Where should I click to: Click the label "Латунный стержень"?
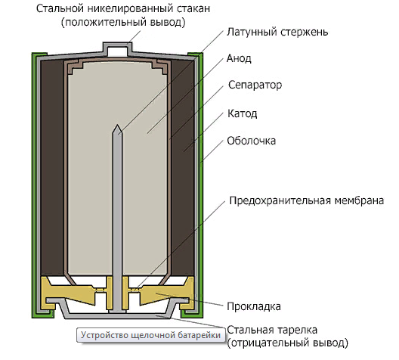(277, 33)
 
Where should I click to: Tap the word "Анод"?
(239, 58)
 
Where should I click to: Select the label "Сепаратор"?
(255, 85)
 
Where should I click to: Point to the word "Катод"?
(243, 113)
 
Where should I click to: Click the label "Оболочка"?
(252, 141)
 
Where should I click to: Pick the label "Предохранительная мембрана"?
(307, 200)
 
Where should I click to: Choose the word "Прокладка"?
(254, 306)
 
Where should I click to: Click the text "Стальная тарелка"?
(272, 330)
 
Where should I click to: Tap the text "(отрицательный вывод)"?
(287, 343)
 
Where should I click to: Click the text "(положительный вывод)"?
(123, 22)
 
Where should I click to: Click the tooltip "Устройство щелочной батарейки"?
(150, 335)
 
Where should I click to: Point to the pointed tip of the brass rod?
(117, 125)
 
